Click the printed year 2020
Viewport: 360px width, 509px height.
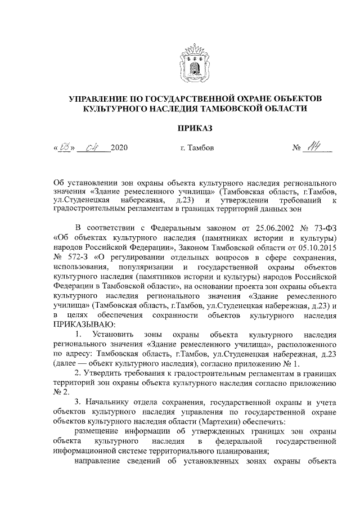pyautogui.click(x=119, y=149)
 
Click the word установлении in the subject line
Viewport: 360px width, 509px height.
pyautogui.click(x=89, y=183)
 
